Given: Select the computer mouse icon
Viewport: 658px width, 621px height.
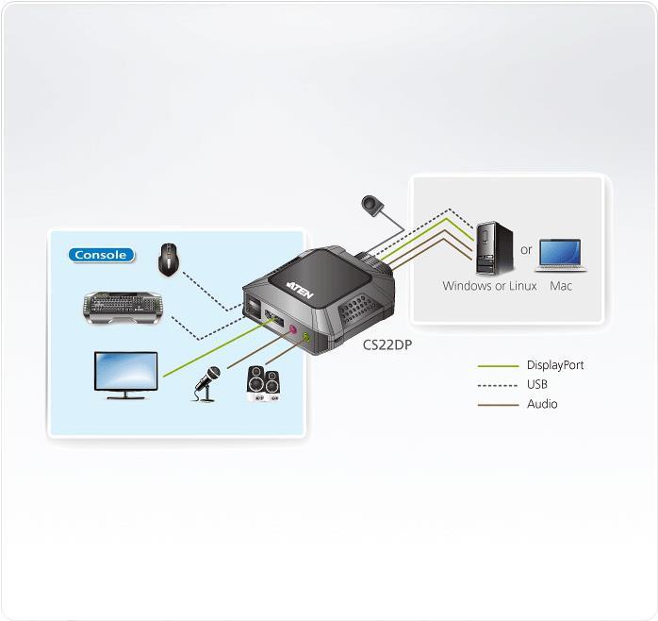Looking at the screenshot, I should coord(170,258).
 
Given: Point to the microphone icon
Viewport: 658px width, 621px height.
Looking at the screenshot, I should coord(207,382).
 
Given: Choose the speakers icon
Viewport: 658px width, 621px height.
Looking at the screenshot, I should coord(262,384).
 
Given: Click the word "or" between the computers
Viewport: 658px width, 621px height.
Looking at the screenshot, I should coord(526,251).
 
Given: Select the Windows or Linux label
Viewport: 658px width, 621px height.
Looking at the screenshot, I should coord(489,286).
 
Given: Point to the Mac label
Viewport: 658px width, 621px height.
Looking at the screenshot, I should coord(561,286).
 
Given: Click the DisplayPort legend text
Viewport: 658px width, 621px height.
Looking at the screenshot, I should coord(555,365).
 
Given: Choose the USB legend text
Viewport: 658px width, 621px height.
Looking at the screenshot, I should coord(537,385).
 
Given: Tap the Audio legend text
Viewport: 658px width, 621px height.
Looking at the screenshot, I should coord(542,404).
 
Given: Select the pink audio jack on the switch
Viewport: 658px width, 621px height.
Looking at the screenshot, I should coord(294,331).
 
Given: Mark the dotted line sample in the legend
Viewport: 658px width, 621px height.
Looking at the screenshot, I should coord(499,385).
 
